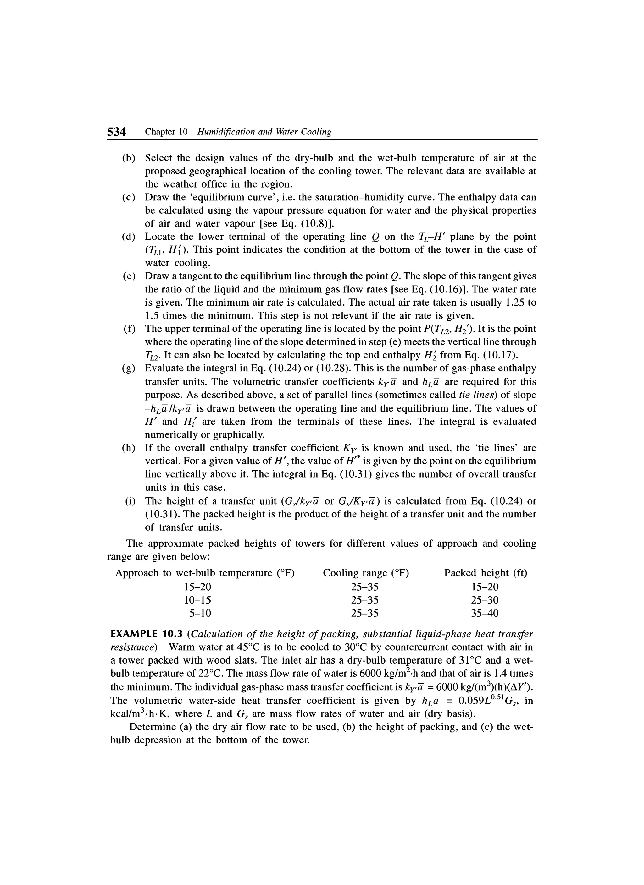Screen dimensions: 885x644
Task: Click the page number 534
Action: click(x=116, y=132)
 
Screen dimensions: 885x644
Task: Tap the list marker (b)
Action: click(x=129, y=158)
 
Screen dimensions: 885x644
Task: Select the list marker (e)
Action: click(x=129, y=276)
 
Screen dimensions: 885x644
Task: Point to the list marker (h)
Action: click(x=129, y=448)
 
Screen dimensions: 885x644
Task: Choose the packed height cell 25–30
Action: click(x=485, y=600)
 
